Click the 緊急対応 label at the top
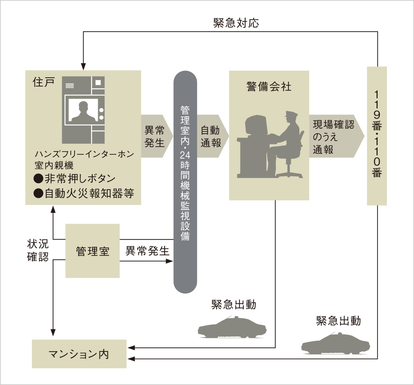pyautogui.click(x=236, y=23)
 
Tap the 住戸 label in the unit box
pyautogui.click(x=44, y=82)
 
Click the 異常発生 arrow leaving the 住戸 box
pyautogui.click(x=156, y=136)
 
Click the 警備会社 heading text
pyautogui.click(x=269, y=87)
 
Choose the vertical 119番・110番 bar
pyautogui.click(x=377, y=135)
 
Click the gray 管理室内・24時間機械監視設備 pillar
pyautogui.click(x=185, y=182)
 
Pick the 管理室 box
pyautogui.click(x=92, y=251)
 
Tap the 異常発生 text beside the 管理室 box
pyautogui.click(x=147, y=251)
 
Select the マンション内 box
pyautogui.click(x=79, y=354)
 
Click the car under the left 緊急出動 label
pyautogui.click(x=232, y=327)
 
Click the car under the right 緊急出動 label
pyautogui.click(x=335, y=344)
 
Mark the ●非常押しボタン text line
pyautogui.click(x=75, y=178)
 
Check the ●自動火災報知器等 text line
pyautogui.click(x=84, y=193)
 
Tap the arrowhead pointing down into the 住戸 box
pyautogui.click(x=83, y=67)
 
